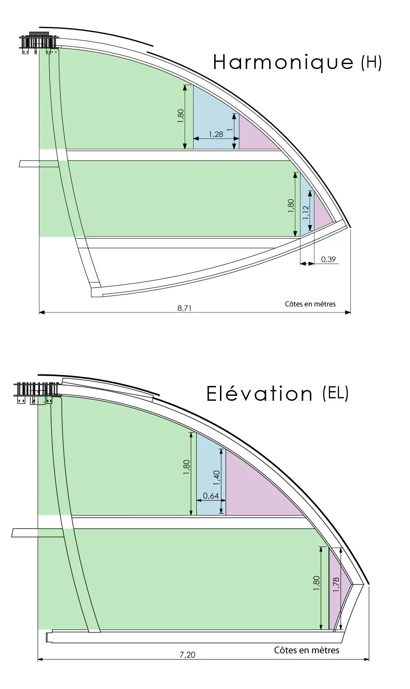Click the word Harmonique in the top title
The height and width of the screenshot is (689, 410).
click(283, 63)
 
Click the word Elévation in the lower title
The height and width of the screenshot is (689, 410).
click(259, 394)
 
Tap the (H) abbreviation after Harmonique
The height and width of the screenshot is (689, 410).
click(371, 63)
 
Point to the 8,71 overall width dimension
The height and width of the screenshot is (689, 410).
click(184, 308)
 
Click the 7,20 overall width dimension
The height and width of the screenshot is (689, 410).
click(187, 655)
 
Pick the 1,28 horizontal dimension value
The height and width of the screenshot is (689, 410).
click(216, 134)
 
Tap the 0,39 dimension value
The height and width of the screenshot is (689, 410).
click(328, 259)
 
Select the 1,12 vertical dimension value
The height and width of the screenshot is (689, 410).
click(306, 212)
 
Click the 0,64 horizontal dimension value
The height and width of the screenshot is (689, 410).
click(211, 496)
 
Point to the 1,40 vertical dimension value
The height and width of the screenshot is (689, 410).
click(216, 478)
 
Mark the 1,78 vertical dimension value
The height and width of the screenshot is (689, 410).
click(337, 585)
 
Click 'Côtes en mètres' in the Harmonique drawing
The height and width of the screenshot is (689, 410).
click(310, 304)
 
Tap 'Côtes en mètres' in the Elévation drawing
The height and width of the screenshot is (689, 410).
click(306, 650)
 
